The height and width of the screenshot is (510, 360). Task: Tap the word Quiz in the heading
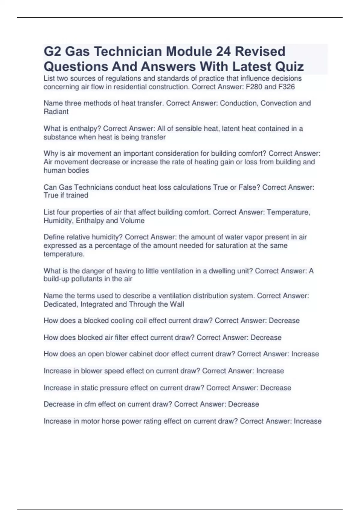coord(289,67)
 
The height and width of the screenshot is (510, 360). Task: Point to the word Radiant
coord(56,112)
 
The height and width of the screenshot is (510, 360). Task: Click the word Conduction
coord(239,103)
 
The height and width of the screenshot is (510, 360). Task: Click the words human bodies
coord(66,170)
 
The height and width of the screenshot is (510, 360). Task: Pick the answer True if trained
coord(66,195)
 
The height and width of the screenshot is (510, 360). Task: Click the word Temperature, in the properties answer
coord(288,212)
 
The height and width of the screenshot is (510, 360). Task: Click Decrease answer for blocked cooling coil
coord(284,321)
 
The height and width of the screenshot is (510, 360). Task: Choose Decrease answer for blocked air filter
coord(266,337)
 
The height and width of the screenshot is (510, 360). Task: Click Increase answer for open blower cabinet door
coord(305,354)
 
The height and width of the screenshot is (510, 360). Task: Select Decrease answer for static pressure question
coord(275,388)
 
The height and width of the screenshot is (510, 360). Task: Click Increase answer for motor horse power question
coord(307,421)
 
